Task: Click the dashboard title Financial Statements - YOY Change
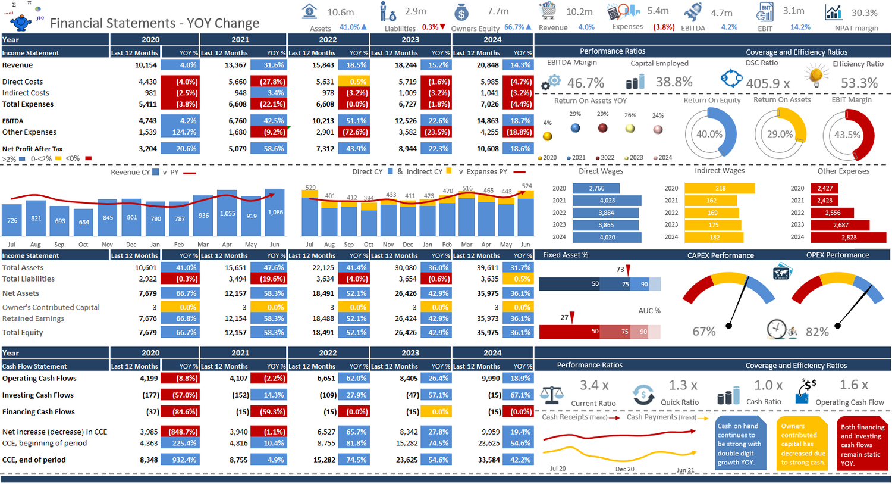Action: point(155,23)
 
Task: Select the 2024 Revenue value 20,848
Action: point(488,65)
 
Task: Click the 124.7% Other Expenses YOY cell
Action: point(180,132)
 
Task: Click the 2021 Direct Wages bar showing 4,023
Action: point(607,201)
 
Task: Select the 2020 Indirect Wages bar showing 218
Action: point(720,188)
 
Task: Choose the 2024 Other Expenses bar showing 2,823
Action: point(848,238)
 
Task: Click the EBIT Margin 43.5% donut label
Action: point(847,135)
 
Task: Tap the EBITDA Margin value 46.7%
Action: point(585,83)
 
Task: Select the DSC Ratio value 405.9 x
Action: point(767,83)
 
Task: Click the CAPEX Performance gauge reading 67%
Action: point(704,332)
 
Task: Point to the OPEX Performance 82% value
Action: point(816,332)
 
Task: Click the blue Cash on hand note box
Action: point(740,444)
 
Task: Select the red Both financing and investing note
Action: point(862,444)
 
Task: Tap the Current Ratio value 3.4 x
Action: point(594,386)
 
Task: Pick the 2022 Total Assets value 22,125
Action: point(323,268)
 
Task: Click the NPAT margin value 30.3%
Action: point(864,13)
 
